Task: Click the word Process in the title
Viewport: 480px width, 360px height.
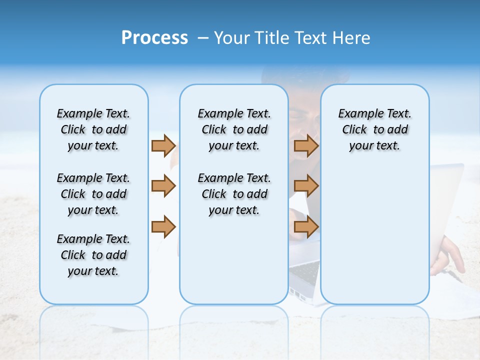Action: click(x=154, y=38)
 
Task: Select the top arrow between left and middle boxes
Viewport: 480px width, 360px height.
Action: click(x=163, y=146)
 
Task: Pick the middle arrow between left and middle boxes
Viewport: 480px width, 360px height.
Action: click(x=163, y=186)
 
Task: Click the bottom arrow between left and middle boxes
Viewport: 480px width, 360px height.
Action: click(x=163, y=226)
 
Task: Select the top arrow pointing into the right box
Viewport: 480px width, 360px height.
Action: click(x=306, y=146)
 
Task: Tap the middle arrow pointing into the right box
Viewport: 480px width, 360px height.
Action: click(x=306, y=186)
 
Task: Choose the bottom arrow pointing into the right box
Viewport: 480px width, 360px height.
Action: click(x=306, y=226)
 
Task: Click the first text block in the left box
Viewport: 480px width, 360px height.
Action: click(x=93, y=129)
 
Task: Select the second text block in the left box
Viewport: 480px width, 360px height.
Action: click(x=93, y=194)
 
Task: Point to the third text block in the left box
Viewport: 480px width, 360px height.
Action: click(x=93, y=255)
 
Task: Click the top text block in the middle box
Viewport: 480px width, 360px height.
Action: click(x=234, y=129)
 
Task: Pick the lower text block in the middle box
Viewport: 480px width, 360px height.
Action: click(x=234, y=194)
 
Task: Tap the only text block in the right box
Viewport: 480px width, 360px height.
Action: click(x=374, y=129)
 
